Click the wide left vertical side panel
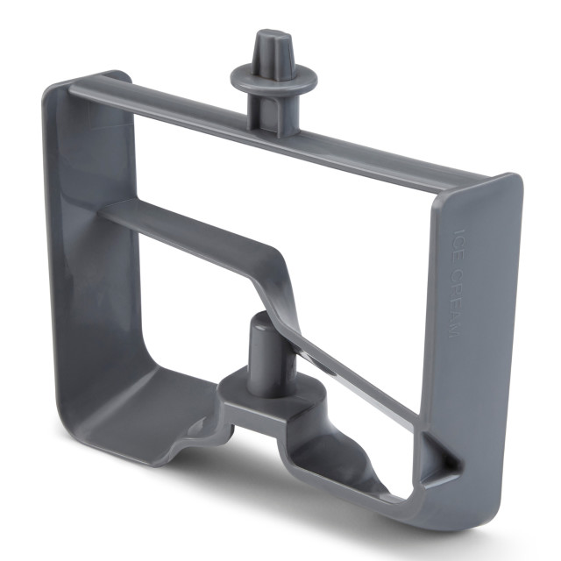[91, 229]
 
